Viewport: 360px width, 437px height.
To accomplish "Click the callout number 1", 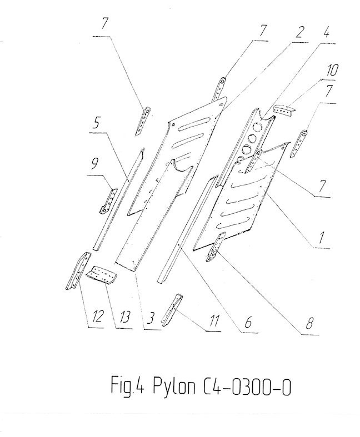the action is point(321,238).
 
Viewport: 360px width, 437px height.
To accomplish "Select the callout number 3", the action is point(151,318).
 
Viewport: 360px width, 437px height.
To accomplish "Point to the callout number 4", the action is point(326,32).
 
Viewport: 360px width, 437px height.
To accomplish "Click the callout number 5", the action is point(96,123).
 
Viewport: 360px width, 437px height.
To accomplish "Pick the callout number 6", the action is point(248,322).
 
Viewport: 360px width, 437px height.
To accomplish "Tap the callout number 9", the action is point(94,164).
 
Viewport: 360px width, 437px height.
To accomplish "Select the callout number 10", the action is point(331,70).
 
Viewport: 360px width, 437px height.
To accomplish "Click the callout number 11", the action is point(213,320).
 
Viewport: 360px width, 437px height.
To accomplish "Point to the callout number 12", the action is point(97,317).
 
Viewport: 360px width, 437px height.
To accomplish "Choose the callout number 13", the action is point(124,318).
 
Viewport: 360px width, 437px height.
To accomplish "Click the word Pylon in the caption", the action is point(174,386).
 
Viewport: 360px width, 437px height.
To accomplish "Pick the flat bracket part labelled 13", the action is point(102,274).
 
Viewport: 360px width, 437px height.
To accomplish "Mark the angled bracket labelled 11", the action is point(172,309).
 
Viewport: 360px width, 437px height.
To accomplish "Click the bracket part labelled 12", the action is point(78,270).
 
